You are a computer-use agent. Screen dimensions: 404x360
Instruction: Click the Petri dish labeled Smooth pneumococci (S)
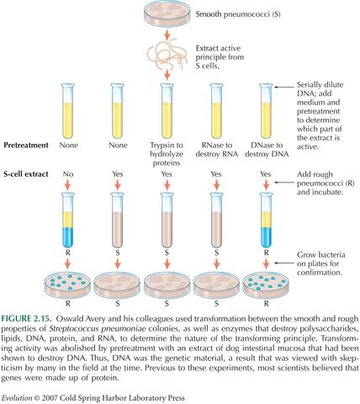[166, 15]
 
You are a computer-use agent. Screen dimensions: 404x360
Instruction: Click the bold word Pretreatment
[26, 145]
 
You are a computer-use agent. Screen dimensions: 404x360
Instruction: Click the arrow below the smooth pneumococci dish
[166, 35]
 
